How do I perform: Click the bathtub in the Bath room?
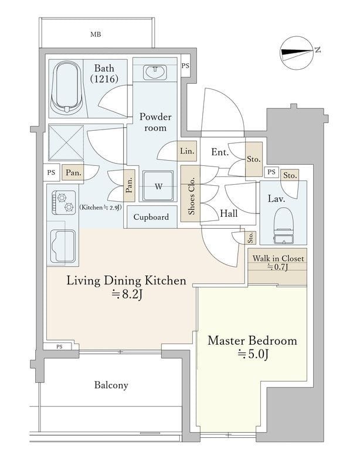pos(66,87)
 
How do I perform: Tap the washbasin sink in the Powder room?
pos(155,72)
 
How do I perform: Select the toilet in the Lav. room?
pos(283,225)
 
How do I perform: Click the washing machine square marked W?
pos(158,186)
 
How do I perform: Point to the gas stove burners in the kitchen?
pos(64,202)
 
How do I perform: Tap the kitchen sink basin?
pos(63,246)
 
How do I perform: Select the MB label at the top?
pos(96,35)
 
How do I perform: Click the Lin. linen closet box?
pos(187,151)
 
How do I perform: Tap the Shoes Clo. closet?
pos(191,194)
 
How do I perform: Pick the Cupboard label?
pos(151,217)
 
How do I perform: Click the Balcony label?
pos(111,385)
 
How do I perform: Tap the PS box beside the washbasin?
pos(185,66)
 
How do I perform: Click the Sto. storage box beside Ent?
pos(254,159)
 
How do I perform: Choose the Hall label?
pos(229,213)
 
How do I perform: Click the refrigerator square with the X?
pos(66,142)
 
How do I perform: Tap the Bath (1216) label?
pos(104,73)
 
